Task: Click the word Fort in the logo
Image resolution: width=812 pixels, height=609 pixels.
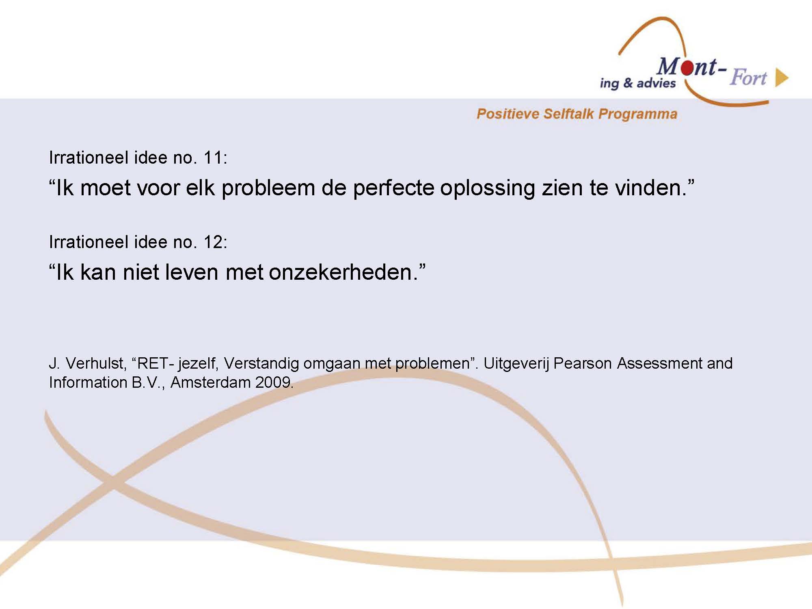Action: point(748,77)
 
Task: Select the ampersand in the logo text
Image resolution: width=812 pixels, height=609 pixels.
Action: point(628,83)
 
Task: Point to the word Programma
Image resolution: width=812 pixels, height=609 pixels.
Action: point(638,114)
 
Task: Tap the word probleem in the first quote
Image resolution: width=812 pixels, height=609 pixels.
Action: point(268,188)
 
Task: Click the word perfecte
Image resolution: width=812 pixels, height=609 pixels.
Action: point(393,188)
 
